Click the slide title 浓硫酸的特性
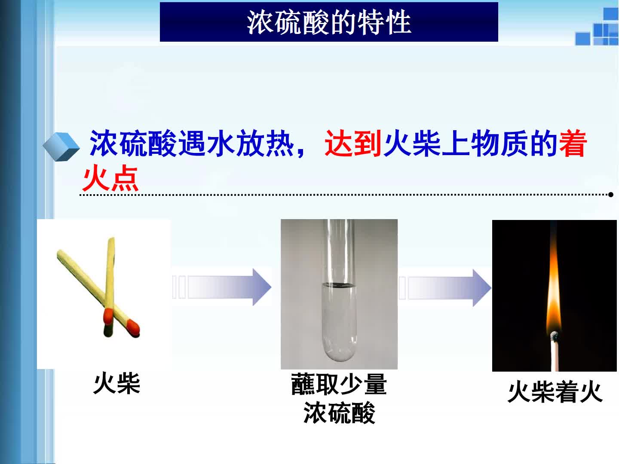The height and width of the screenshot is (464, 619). [329, 22]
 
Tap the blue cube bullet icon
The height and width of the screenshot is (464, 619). [61, 147]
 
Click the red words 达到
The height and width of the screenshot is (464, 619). [353, 143]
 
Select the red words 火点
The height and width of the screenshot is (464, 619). [110, 178]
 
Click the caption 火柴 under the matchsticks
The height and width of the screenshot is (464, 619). [116, 383]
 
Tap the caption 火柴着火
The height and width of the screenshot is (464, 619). [555, 392]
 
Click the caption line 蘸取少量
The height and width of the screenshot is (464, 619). [339, 384]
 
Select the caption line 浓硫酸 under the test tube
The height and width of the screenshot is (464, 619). [339, 413]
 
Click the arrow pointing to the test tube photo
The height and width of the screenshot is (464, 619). [222, 287]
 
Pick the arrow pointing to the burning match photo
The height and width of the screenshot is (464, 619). [445, 288]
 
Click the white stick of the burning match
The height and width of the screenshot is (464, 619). [555, 357]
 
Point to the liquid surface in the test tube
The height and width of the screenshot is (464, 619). [339, 285]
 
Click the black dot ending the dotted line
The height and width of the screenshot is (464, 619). [611, 195]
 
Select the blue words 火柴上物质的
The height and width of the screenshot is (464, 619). [470, 143]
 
